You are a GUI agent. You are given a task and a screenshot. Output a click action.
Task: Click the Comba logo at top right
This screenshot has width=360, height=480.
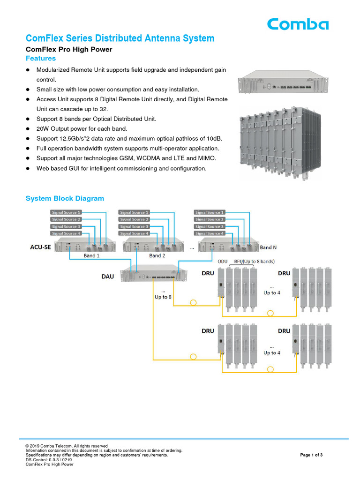(298, 24)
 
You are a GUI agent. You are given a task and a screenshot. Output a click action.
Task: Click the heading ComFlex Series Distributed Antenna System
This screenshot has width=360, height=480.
(120, 38)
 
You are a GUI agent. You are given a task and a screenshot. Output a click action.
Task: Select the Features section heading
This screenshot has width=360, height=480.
(40, 59)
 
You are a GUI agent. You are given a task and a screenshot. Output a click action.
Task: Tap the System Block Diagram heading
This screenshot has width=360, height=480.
(65, 198)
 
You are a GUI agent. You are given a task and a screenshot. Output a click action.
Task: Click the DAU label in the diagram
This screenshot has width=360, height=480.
(108, 277)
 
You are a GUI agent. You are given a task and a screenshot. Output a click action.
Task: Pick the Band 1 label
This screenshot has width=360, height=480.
(92, 256)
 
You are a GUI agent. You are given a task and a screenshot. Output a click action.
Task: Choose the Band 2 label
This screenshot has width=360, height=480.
(157, 256)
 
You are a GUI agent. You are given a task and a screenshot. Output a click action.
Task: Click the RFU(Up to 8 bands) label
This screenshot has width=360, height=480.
(254, 261)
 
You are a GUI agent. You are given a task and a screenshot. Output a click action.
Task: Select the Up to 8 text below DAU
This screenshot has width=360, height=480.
(163, 297)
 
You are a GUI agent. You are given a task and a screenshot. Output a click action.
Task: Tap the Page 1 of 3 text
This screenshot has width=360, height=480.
(311, 455)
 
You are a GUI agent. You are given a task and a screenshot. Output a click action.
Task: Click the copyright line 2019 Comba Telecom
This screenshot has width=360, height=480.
(67, 446)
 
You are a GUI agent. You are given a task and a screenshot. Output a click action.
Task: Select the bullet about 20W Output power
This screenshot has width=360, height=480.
(82, 128)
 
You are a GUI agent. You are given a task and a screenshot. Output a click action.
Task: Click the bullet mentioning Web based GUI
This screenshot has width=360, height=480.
(121, 168)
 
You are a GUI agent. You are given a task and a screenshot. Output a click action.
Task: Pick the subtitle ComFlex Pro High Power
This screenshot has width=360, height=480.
(68, 49)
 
